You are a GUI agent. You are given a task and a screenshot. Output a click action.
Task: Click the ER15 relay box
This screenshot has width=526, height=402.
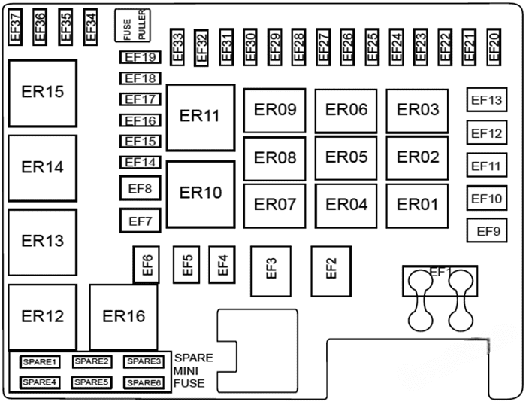[42, 93]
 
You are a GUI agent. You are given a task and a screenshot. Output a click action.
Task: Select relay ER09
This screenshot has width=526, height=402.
[275, 111]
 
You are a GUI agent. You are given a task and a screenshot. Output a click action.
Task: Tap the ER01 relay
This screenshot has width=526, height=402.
[417, 205]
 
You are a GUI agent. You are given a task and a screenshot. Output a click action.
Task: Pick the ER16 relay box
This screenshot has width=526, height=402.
[124, 316]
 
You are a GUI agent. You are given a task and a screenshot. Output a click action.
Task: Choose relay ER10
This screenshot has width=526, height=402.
[201, 193]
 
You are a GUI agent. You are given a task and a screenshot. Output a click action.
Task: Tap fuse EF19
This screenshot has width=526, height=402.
[140, 57]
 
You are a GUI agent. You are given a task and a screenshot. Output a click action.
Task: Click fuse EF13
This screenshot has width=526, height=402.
[485, 100]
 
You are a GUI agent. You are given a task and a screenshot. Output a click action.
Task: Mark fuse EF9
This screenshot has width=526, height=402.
[488, 232]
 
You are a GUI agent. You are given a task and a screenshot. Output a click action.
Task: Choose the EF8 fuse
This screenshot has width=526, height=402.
[140, 188]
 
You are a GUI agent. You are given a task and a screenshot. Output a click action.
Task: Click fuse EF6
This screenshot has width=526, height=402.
[147, 264]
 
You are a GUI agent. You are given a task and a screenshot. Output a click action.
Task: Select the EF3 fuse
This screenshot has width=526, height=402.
[271, 269]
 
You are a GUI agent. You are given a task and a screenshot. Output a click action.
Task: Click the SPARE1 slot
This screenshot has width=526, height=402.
[40, 362]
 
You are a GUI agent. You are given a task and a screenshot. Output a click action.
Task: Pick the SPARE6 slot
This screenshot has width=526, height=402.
[143, 382]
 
